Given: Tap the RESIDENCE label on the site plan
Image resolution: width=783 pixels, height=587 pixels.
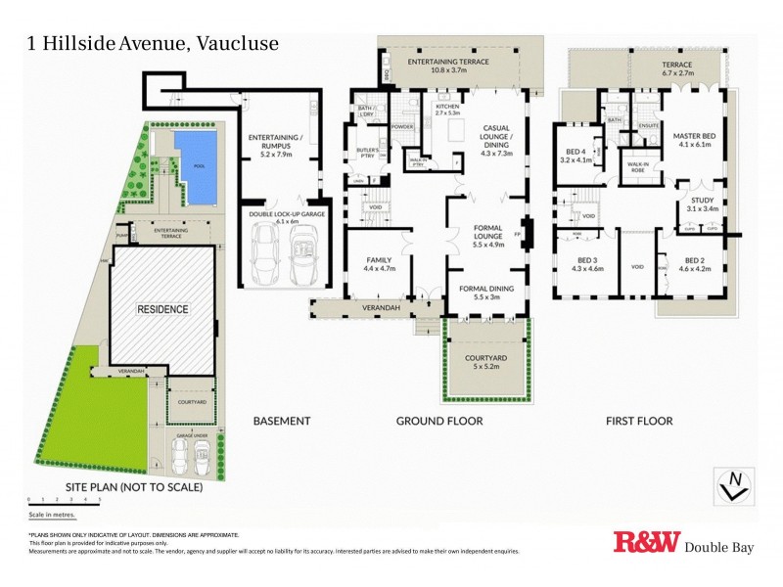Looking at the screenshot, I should (x=161, y=308).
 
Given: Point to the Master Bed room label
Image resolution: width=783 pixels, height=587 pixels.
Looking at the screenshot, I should (x=697, y=138).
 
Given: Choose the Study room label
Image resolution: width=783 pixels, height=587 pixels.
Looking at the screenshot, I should (x=702, y=203).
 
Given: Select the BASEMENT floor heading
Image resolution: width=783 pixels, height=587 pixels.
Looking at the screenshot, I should (x=282, y=421).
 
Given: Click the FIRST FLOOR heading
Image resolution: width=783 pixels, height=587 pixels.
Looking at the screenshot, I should (x=638, y=421).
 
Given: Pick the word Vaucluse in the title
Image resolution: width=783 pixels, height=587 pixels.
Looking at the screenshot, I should (x=238, y=43).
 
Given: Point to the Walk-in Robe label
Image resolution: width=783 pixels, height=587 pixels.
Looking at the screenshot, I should (x=638, y=169).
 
